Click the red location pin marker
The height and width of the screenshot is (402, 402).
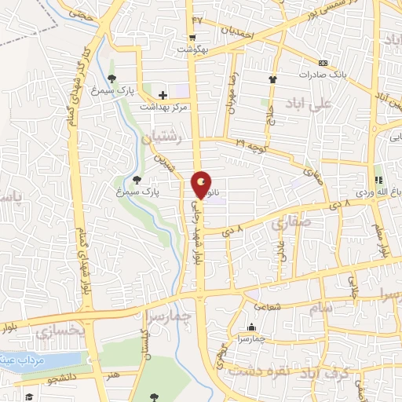[202, 185]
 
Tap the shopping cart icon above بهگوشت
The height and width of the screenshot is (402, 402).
[192, 38]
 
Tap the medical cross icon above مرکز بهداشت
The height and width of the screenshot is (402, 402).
[162, 94]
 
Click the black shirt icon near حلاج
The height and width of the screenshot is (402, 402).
[272, 79]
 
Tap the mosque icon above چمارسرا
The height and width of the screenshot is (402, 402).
[251, 328]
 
